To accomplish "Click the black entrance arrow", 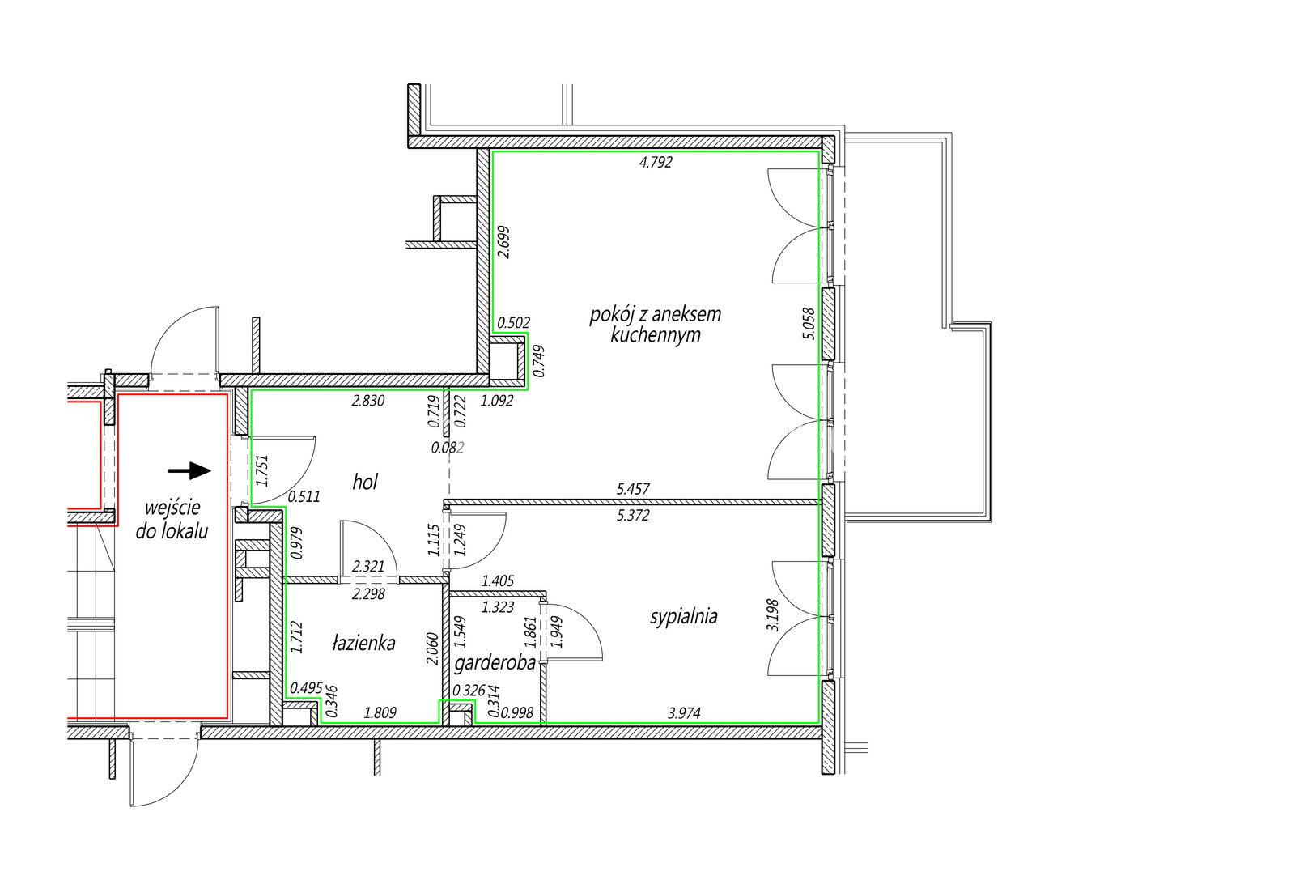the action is [189, 470].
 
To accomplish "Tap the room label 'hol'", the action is [365, 483].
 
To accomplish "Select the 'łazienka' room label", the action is [363, 642].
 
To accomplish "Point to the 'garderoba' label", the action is [495, 664].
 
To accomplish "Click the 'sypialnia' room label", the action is [684, 617].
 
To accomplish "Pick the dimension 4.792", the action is [656, 163].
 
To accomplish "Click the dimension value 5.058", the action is [809, 324].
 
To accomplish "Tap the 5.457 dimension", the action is [633, 489].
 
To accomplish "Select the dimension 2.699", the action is [503, 242].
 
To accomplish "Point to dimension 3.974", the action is [685, 713].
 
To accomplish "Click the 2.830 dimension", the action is [368, 401].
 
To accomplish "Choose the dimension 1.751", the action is [262, 472].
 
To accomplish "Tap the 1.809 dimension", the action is [380, 713].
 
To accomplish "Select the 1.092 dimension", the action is [497, 401].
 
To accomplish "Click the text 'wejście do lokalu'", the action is [172, 520].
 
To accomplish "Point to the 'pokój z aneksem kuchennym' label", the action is [656, 325].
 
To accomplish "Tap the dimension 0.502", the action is [514, 323].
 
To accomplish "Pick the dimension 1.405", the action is [498, 580].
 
